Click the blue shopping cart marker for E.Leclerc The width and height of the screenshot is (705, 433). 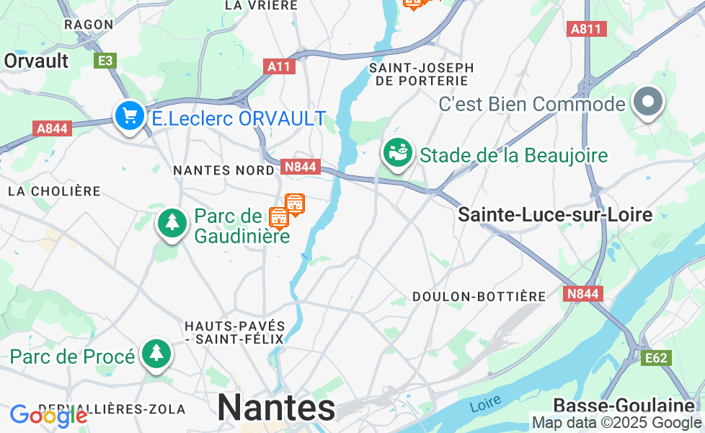pyautogui.click(x=130, y=115)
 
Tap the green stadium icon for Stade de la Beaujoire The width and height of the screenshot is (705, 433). pyautogui.click(x=397, y=153)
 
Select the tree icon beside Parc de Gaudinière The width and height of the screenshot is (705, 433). pyautogui.click(x=172, y=223)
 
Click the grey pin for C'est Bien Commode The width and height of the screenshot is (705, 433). pyautogui.click(x=649, y=102)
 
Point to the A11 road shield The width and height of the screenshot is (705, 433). pyautogui.click(x=279, y=66)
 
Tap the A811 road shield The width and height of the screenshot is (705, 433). pyautogui.click(x=587, y=29)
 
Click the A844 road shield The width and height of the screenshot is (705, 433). pyautogui.click(x=52, y=128)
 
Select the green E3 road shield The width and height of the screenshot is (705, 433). pyautogui.click(x=105, y=61)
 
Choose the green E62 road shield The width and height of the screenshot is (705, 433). pyautogui.click(x=657, y=357)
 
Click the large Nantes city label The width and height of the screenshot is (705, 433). pyautogui.click(x=276, y=408)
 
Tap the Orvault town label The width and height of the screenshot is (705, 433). pyautogui.click(x=36, y=61)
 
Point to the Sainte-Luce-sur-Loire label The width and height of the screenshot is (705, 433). pyautogui.click(x=555, y=214)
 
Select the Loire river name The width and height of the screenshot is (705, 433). pyautogui.click(x=485, y=405)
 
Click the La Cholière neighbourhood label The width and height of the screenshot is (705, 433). pyautogui.click(x=54, y=191)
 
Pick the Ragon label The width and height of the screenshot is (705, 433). pyautogui.click(x=89, y=25)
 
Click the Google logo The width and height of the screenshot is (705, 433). pyautogui.click(x=48, y=416)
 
